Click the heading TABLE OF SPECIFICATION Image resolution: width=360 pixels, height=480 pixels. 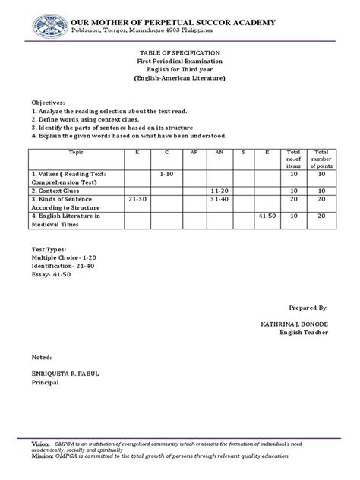click(x=180, y=53)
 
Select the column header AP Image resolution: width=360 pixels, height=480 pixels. click(x=193, y=153)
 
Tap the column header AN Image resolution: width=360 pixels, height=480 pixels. click(x=219, y=153)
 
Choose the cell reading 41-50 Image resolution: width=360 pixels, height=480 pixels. click(x=268, y=216)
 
